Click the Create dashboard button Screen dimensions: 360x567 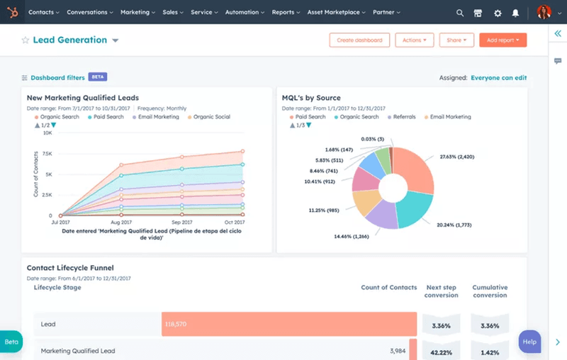pos(359,40)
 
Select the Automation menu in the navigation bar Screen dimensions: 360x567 pos(245,12)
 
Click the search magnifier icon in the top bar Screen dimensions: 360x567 pos(460,13)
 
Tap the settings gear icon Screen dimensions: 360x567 pos(498,13)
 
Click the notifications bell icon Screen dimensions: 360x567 pos(516,13)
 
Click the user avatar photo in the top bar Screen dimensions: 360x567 pos(544,12)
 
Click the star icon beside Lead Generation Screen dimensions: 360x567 pos(26,40)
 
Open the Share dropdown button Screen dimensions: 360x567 pos(456,40)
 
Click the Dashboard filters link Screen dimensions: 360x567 pos(57,77)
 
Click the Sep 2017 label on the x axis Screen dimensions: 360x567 pos(182,223)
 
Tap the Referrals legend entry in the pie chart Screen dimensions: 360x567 pos(404,117)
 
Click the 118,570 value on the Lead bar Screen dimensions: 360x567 pos(176,324)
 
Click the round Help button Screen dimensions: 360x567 pos(529,342)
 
